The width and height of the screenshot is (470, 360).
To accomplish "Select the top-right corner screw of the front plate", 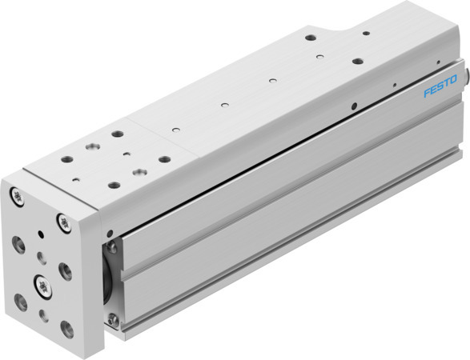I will click(x=63, y=222).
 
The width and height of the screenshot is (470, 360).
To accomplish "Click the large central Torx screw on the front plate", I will click(x=41, y=283).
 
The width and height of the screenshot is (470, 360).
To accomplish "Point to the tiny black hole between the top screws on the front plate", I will click(x=41, y=234).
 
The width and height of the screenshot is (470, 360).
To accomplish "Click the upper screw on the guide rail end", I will click(x=111, y=247).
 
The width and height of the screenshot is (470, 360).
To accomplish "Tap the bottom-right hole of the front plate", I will click(x=67, y=328).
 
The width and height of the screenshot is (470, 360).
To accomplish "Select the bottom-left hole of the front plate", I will click(x=20, y=302).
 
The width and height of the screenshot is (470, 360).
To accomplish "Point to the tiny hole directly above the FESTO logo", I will click(x=437, y=62).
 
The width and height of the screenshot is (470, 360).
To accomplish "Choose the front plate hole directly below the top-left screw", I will click(x=18, y=246).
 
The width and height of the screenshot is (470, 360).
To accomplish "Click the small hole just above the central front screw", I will click(x=41, y=257).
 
